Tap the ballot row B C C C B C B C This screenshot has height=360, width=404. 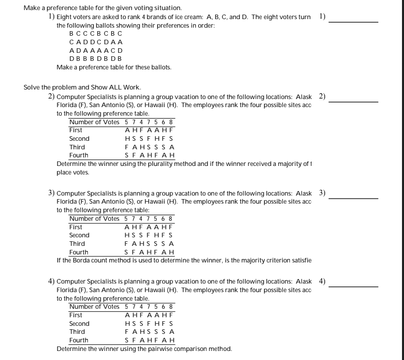[95, 34]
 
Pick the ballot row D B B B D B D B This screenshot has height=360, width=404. [95, 59]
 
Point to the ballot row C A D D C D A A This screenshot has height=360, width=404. [95, 42]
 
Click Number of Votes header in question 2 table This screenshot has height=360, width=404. [94, 122]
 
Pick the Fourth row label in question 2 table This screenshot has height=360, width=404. [78, 155]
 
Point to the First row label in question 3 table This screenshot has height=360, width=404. [75, 227]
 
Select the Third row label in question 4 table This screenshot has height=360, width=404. [77, 332]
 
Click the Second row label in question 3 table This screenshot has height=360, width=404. [79, 235]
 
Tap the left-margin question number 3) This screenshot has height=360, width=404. [51, 193]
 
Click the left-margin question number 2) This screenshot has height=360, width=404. [51, 97]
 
